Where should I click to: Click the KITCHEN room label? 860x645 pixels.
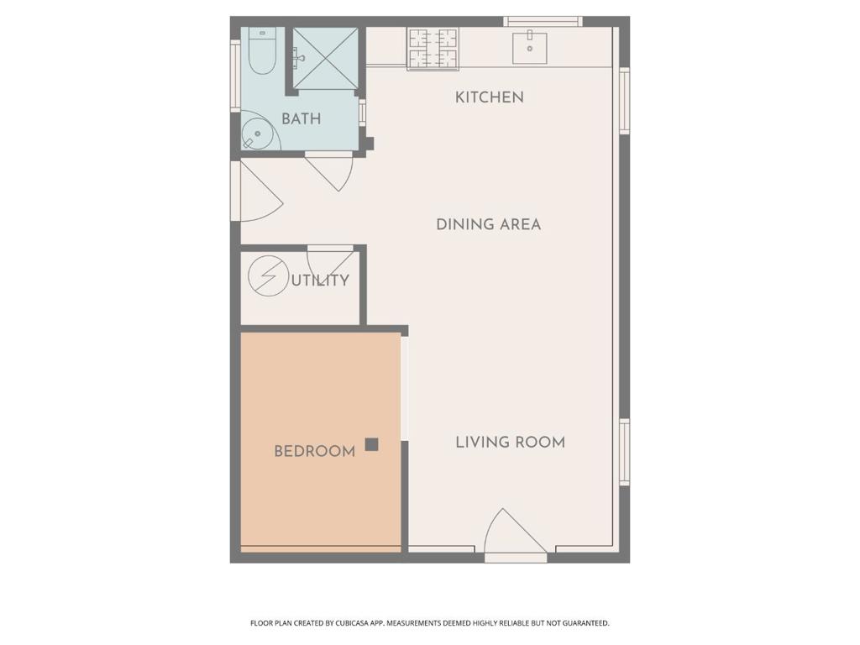(489, 97)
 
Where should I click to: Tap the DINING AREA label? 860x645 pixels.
(488, 224)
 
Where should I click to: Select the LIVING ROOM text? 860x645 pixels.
(510, 442)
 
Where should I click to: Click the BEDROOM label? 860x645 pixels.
(314, 451)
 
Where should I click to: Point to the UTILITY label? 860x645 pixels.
(320, 281)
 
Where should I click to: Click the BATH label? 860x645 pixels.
(301, 119)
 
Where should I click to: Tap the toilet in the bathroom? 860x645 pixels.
(261, 53)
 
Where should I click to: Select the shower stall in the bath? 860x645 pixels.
(325, 58)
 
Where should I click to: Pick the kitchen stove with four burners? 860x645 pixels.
(433, 49)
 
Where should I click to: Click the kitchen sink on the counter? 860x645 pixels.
(530, 48)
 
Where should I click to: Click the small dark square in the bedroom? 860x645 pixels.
(371, 444)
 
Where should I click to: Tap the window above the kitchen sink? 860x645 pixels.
(543, 21)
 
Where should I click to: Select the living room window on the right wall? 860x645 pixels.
(624, 452)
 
